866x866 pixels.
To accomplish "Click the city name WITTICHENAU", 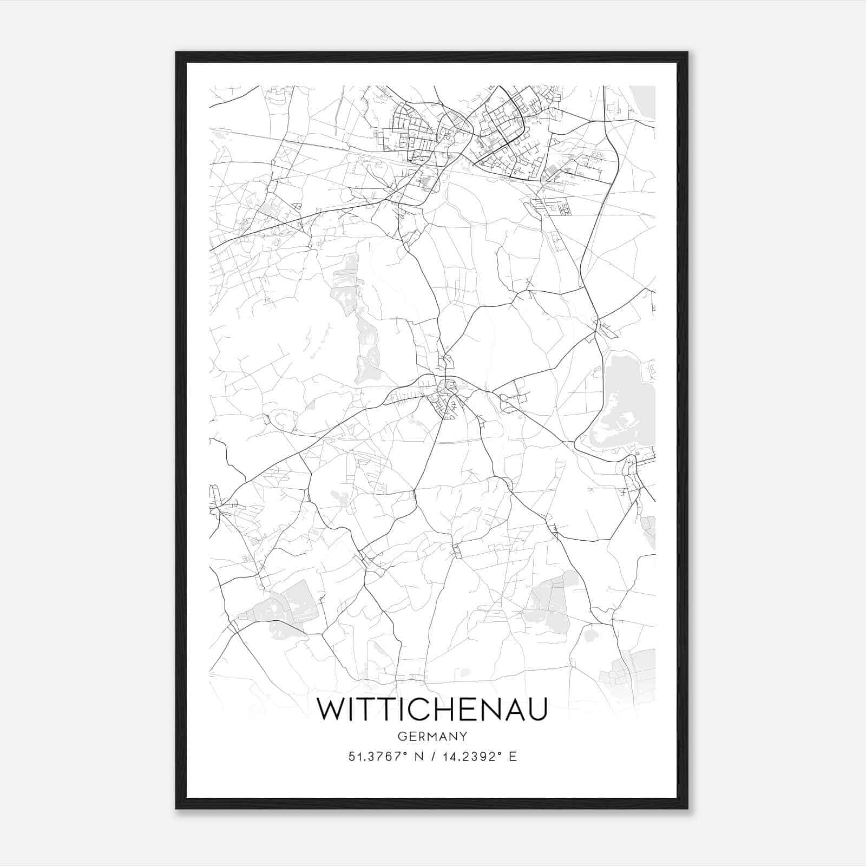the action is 432,710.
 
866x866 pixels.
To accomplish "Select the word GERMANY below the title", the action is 432,737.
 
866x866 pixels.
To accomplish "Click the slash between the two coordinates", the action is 432,757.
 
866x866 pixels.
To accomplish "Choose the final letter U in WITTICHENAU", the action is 537,710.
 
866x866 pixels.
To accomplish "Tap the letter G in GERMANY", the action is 402,737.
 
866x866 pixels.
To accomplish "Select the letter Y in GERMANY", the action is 463,737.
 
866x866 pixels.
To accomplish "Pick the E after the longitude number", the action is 513,757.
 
